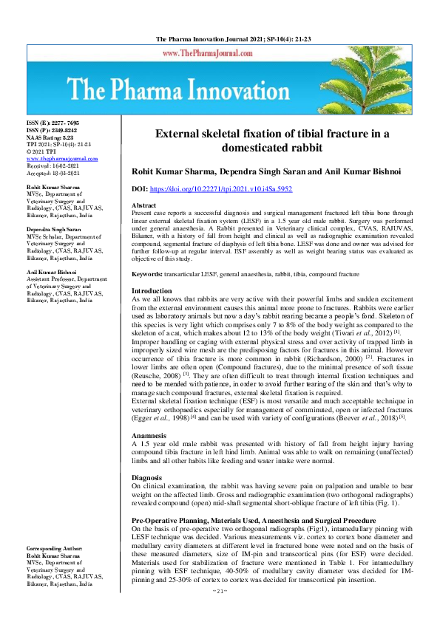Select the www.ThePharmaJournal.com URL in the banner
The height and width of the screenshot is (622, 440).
tap(220, 53)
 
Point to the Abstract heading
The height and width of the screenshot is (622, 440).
tap(144, 205)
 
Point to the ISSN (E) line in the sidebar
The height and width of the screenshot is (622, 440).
tap(53, 123)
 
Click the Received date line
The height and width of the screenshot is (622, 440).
tap(54, 166)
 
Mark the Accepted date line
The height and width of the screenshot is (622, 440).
tap(54, 173)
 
